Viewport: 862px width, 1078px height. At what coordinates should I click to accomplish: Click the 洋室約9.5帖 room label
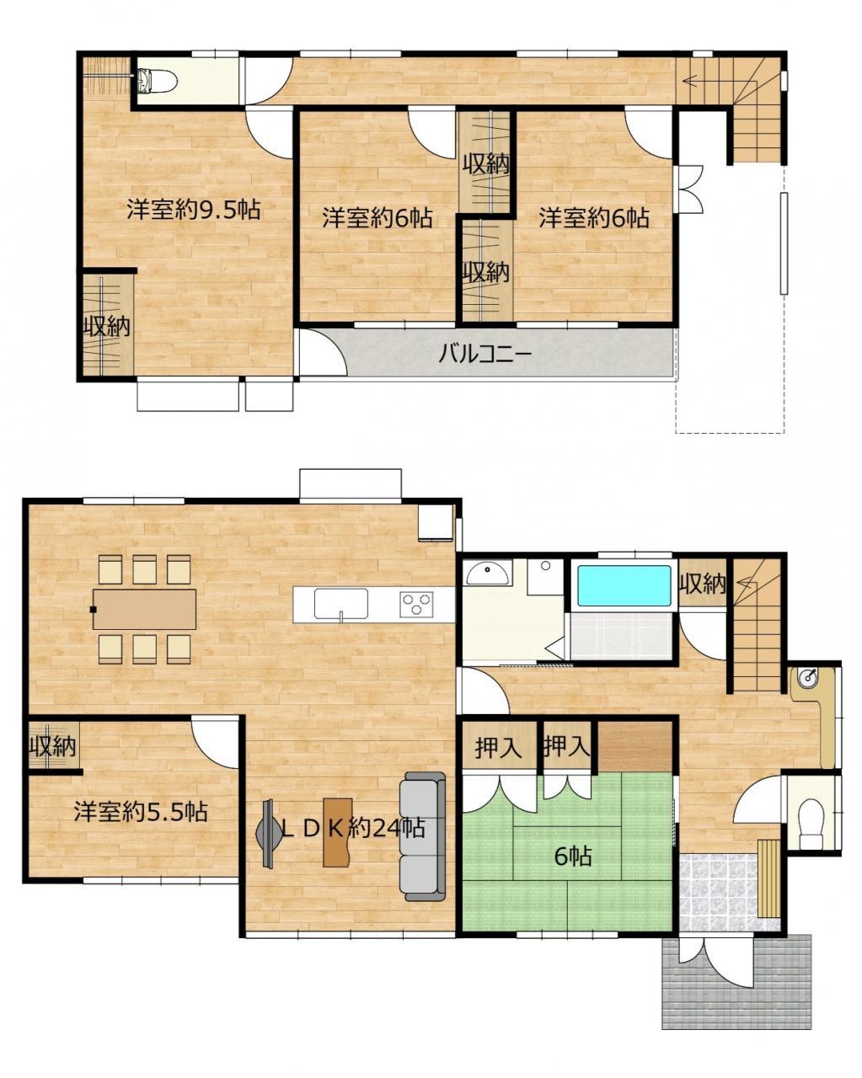194,210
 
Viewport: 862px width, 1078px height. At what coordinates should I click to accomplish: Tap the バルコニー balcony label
485,355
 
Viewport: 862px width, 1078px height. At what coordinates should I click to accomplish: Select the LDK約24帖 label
353,828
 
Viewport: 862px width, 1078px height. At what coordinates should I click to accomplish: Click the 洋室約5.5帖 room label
141,811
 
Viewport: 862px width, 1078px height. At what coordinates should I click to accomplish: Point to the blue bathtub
624,585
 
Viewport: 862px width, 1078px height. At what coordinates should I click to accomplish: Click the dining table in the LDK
144,609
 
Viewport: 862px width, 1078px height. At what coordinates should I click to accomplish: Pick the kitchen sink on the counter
340,604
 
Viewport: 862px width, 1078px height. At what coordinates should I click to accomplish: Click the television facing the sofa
269,833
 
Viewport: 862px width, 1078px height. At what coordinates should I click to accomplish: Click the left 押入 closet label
499,748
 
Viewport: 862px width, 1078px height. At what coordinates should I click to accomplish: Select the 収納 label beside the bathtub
703,583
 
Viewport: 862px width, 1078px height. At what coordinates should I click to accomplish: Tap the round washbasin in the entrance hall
808,678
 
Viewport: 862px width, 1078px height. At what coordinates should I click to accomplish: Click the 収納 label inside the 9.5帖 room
107,327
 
